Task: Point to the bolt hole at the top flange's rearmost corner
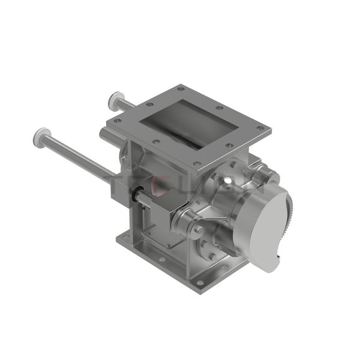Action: click(x=179, y=89)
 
